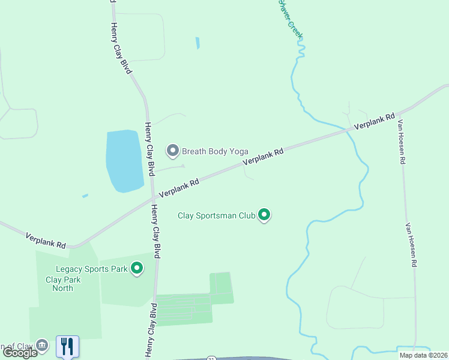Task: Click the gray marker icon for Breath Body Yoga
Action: (x=173, y=151)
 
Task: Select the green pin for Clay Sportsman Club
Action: (x=264, y=214)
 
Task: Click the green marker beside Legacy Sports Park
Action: (x=137, y=268)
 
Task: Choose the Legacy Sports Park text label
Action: (x=91, y=269)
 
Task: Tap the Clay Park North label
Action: (x=59, y=284)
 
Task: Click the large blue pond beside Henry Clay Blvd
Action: (x=124, y=161)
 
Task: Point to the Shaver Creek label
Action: (x=289, y=18)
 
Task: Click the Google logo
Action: (x=20, y=353)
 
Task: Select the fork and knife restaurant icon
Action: (x=67, y=346)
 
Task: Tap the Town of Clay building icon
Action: (x=42, y=346)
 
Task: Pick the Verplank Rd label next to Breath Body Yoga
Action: (x=262, y=158)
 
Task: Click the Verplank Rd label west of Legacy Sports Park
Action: (x=46, y=241)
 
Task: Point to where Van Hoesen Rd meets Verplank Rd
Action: (x=398, y=114)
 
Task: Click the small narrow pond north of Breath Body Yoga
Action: (x=197, y=43)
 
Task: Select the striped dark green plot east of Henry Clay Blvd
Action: (x=183, y=309)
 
